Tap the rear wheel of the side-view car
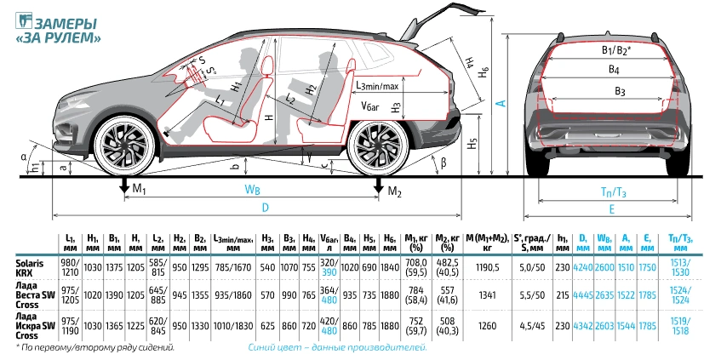click(379, 146)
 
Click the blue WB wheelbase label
click(252, 190)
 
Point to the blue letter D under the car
click(265, 208)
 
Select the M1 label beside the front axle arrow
click(140, 189)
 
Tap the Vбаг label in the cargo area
click(371, 106)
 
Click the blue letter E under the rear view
click(611, 209)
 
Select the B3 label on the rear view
click(620, 92)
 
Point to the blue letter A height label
click(502, 103)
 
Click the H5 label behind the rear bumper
click(471, 144)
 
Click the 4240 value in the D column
click(583, 267)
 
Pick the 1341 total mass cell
click(488, 295)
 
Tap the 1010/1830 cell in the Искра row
click(233, 326)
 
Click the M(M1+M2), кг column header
click(488, 243)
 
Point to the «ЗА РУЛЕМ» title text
click(58, 37)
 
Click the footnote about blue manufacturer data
click(337, 347)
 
